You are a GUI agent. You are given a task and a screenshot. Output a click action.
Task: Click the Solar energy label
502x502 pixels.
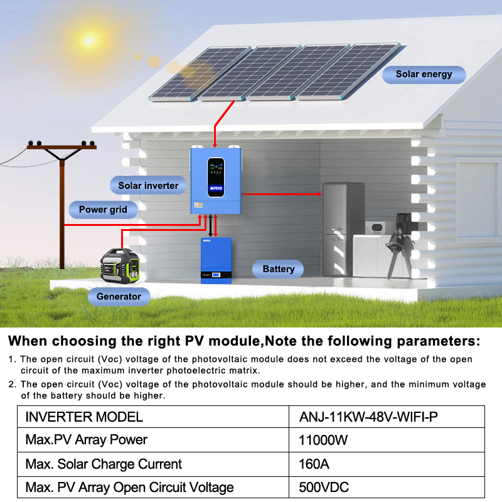(x=424, y=74)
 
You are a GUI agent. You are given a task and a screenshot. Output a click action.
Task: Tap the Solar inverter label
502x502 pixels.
(x=148, y=185)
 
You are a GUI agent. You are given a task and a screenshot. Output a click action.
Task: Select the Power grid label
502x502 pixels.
(x=103, y=210)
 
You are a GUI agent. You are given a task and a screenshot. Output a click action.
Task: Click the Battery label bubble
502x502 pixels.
(x=278, y=269)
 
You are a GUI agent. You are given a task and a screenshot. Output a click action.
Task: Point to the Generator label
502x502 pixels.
(x=119, y=296)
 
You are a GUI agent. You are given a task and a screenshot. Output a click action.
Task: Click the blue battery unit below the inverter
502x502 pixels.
(x=216, y=260)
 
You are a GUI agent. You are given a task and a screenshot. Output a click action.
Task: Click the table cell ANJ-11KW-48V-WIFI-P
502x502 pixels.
(x=368, y=417)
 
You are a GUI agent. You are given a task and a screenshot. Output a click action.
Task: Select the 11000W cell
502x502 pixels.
(x=323, y=440)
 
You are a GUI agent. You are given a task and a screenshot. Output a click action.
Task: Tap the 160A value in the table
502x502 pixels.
(x=314, y=464)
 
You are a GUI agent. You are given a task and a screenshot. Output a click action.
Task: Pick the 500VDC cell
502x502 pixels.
(x=324, y=487)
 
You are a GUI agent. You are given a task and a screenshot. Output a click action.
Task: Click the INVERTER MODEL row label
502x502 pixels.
(x=84, y=417)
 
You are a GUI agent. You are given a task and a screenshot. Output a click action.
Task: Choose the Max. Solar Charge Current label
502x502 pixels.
(x=104, y=464)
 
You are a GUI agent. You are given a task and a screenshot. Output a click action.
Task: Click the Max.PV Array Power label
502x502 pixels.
(x=86, y=440)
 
